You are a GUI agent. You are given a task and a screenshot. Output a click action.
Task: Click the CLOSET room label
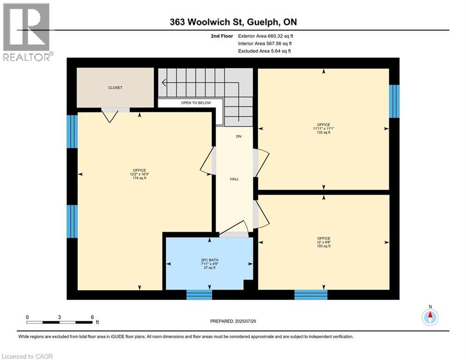pyautogui.click(x=115, y=88)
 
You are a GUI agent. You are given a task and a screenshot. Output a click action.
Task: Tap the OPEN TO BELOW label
pyautogui.click(x=196, y=103)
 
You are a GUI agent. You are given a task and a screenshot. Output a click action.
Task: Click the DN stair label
pyautogui.click(x=238, y=136)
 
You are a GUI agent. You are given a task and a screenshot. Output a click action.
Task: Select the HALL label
pyautogui.click(x=234, y=179)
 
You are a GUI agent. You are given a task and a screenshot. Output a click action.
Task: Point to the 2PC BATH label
pyautogui.click(x=209, y=260)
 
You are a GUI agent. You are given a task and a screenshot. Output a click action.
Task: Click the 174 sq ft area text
pyautogui.click(x=140, y=178)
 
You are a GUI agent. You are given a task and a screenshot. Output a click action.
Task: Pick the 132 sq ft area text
pyautogui.click(x=323, y=132)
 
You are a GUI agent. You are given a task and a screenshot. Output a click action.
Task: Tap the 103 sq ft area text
pyautogui.click(x=324, y=246)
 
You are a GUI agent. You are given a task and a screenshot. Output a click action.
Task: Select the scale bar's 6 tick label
pyautogui.click(x=92, y=317)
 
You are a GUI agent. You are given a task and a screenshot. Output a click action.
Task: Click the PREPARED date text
pyautogui.click(x=233, y=321)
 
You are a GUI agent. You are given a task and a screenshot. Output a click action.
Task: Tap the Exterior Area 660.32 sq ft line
pyautogui.click(x=266, y=36)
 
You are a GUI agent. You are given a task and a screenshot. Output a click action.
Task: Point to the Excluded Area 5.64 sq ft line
pyautogui.click(x=265, y=51)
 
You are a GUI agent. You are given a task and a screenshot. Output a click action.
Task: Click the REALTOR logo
pyautogui.click(x=27, y=32)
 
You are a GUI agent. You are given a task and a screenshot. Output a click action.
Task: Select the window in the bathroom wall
pyautogui.click(x=199, y=294)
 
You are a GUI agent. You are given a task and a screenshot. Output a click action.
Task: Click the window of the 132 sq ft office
pyautogui.click(x=394, y=101)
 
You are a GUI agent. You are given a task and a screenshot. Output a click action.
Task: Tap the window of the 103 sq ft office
pyautogui.click(x=311, y=294)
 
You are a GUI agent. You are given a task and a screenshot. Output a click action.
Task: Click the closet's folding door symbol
pyautogui.click(x=110, y=116)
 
